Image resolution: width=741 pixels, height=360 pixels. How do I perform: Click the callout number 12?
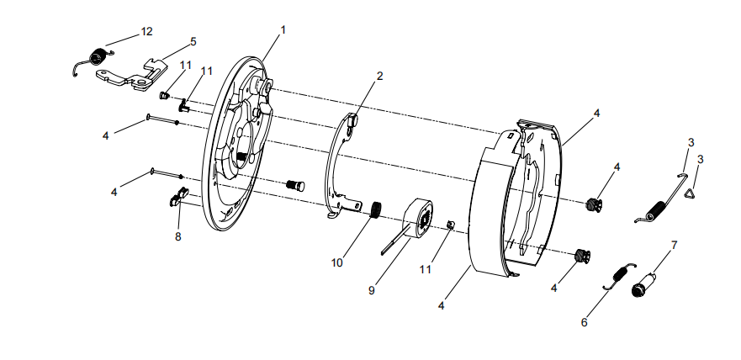pos(146,32)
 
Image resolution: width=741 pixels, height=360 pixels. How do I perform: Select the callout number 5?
pos(193,41)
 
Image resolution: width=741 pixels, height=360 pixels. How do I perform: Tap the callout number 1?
pos(283,29)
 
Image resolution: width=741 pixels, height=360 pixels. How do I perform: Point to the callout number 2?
pos(379,76)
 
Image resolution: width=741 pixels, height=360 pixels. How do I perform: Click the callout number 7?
pos(674,246)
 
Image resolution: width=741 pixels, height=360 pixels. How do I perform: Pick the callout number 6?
pos(584,322)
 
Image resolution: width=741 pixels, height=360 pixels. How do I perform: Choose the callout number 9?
pos(372,290)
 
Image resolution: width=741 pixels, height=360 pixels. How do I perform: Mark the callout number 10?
pos(336,262)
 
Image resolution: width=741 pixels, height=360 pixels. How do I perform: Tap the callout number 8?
pos(177,236)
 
